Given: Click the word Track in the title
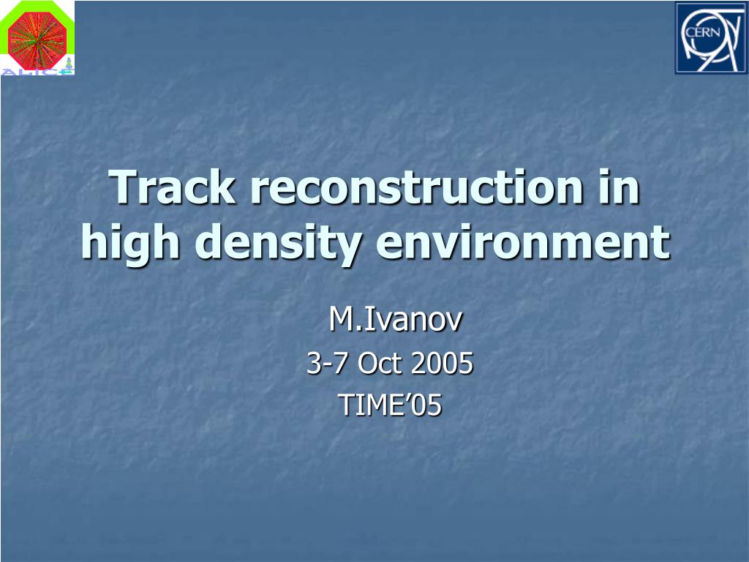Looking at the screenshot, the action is [x=173, y=187].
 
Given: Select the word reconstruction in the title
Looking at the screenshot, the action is [x=417, y=187].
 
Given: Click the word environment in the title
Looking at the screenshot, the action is [x=523, y=241].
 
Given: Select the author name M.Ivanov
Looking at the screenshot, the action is [x=396, y=319].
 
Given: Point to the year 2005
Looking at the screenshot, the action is [x=442, y=363].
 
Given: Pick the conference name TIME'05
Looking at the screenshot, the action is [x=390, y=405].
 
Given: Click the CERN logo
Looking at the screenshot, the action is [x=710, y=38].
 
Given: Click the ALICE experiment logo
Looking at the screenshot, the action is [x=37, y=38].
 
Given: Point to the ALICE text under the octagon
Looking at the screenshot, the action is [x=37, y=72].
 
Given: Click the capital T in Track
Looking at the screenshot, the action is [x=124, y=187].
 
